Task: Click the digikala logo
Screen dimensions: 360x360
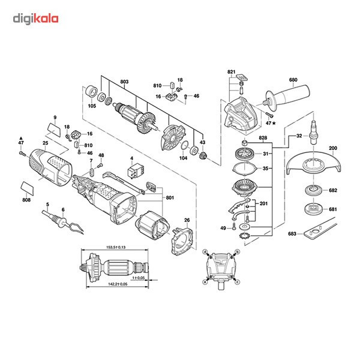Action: (36, 19)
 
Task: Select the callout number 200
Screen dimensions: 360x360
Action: (332, 147)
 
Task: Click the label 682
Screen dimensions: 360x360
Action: (333, 190)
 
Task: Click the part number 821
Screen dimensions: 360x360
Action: (232, 72)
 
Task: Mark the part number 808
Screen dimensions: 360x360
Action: (26, 200)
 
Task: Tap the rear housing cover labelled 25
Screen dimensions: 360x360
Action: (50, 167)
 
